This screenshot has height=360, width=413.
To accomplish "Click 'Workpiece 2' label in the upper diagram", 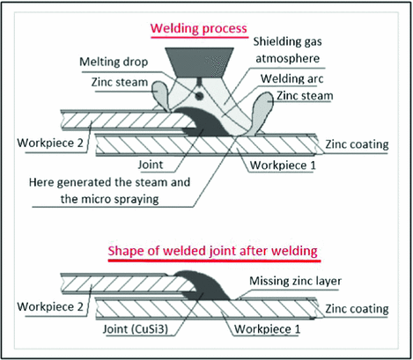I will click(x=48, y=143).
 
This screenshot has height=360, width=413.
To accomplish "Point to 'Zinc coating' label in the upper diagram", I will click(x=357, y=150).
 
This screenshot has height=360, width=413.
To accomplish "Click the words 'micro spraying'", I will click(x=144, y=202).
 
